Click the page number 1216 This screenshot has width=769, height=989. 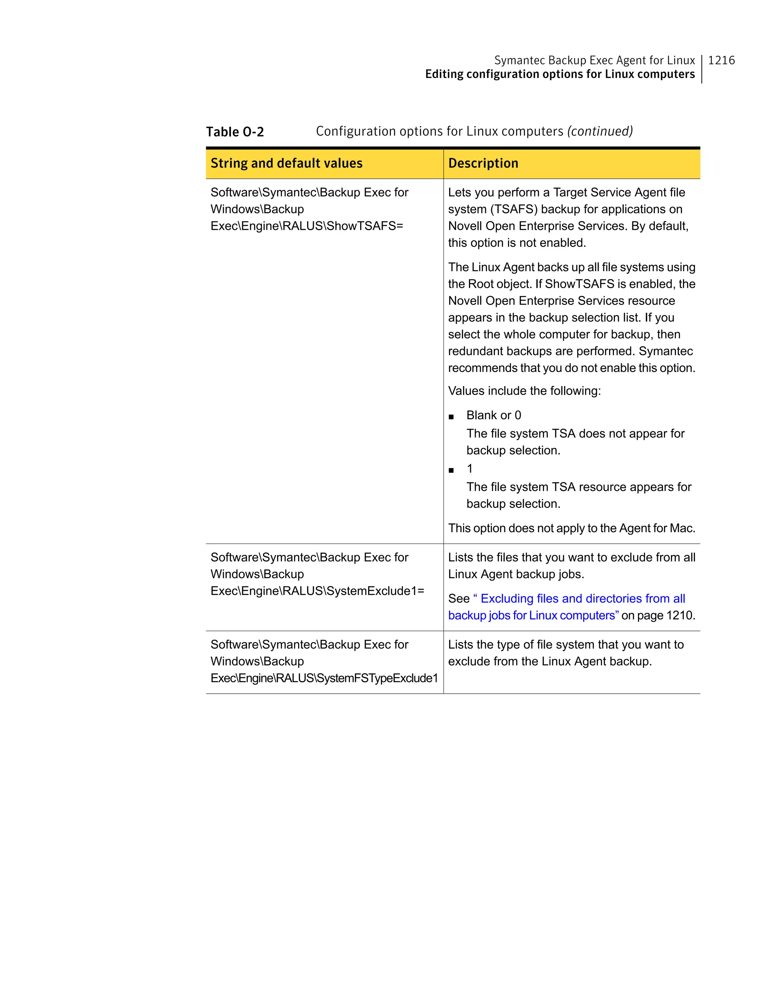point(721,60)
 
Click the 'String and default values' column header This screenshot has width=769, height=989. point(286,163)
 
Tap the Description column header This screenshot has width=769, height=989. point(483,163)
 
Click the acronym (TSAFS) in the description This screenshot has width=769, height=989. point(514,209)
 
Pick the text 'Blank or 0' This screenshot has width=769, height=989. point(493,415)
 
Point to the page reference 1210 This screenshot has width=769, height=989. point(680,615)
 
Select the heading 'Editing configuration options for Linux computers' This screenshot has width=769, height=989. point(559,74)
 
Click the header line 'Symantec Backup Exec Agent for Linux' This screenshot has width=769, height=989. point(594,60)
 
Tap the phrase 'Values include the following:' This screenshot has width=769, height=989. point(524,391)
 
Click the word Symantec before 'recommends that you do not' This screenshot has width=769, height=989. point(665,352)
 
